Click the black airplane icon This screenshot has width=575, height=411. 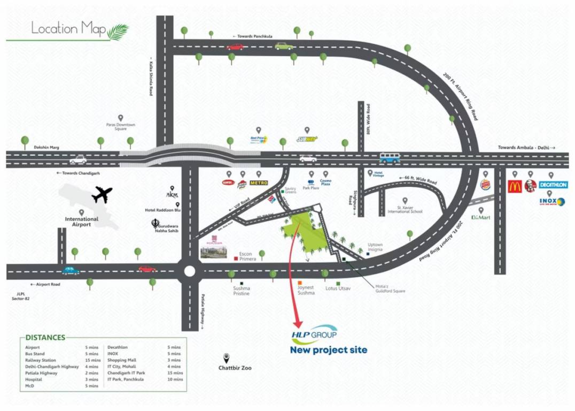[x=102, y=195]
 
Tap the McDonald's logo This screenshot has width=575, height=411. [x=514, y=187]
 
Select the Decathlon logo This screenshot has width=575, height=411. [x=553, y=185]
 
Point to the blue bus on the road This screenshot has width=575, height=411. [x=390, y=158]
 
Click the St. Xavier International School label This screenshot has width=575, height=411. [x=410, y=209]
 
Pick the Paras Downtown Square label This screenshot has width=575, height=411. [x=121, y=127]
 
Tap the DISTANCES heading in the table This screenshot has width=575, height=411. [x=45, y=338]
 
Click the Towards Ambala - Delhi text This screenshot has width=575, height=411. [x=527, y=148]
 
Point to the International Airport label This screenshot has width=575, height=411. [x=82, y=222]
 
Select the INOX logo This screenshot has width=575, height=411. [x=553, y=202]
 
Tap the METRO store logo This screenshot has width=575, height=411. [x=259, y=182]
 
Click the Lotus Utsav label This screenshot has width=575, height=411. [x=337, y=288]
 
